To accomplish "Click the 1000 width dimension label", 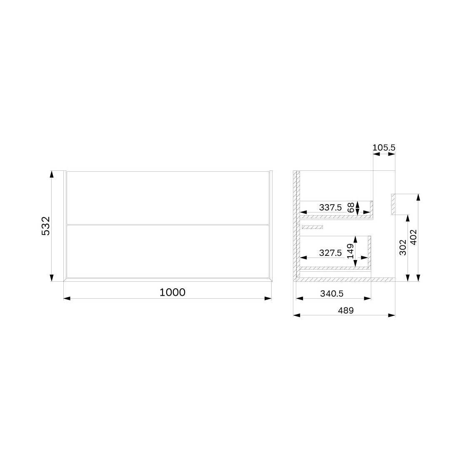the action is [x=172, y=292].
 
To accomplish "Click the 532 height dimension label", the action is [x=46, y=226].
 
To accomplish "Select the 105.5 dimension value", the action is [x=384, y=147].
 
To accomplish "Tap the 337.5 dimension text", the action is [x=330, y=207].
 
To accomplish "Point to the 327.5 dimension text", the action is [x=330, y=253].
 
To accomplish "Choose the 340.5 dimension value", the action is [x=332, y=293].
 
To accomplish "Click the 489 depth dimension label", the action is [x=346, y=310].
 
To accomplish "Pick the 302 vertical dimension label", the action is [x=403, y=247].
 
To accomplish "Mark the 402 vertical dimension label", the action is [x=413, y=237].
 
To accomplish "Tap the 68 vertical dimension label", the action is [x=350, y=207].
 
